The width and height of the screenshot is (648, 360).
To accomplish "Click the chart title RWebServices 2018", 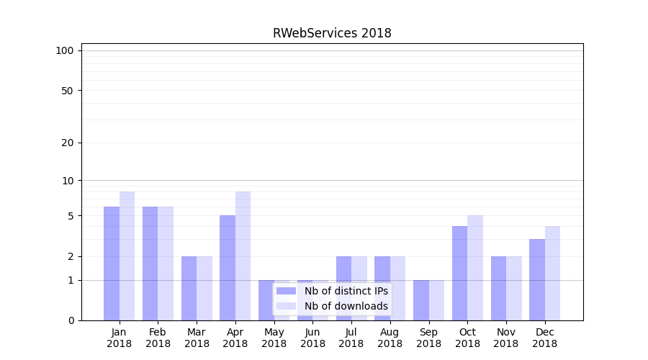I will point(332,33).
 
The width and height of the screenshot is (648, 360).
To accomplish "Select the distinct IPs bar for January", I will point(112,264).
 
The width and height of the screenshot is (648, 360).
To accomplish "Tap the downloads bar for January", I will point(127,256).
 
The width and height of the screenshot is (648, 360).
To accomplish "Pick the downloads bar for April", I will point(243,256).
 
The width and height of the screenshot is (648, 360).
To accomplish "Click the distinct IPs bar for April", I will point(228,268).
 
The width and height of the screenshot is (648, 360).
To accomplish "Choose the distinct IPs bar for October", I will point(459,273).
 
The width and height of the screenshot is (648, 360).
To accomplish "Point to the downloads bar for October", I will point(475,268).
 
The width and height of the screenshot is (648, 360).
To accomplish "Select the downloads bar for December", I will point(552,273).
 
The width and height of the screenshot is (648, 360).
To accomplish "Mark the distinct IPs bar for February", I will point(150,264).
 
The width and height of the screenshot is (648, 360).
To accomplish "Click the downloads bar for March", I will point(204,288).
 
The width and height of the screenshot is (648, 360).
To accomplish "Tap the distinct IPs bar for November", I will point(498,288).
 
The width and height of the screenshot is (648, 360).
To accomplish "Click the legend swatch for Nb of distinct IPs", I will point(286,291).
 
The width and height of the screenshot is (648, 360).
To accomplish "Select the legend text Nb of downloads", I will point(346,306).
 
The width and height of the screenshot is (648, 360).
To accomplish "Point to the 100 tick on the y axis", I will point(65,50).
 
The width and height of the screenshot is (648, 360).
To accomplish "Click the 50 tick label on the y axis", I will point(68,91).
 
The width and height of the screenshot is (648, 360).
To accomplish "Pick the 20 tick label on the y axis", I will point(68,143).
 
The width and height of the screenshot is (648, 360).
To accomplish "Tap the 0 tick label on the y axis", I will point(71,320).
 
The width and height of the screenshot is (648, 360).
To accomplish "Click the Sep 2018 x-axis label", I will point(428,338).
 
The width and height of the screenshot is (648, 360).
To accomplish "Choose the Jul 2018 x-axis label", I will point(351,338).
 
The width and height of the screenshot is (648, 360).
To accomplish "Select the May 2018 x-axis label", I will point(274,338).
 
